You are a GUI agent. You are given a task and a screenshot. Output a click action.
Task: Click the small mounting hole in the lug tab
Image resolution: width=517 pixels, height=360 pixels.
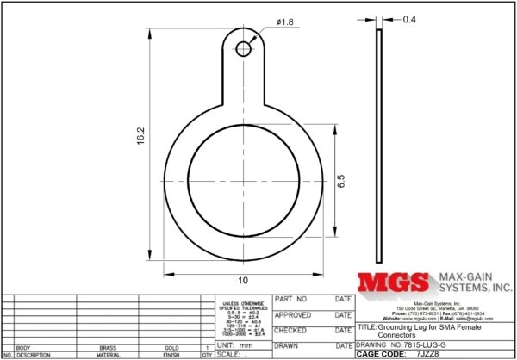244,49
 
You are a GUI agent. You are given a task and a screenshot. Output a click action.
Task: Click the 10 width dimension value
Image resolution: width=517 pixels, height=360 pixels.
244,281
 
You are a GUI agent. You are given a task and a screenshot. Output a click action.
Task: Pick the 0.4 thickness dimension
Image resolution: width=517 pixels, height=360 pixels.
409,18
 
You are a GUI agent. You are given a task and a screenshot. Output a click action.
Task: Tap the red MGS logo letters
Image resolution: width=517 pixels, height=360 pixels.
393,284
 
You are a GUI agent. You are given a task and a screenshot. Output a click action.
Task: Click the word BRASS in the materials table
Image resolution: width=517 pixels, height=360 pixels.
109,348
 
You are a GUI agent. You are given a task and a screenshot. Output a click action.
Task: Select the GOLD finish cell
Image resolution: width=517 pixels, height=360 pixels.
171,348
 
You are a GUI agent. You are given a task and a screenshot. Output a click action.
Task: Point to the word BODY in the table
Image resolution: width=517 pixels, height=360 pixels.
23,348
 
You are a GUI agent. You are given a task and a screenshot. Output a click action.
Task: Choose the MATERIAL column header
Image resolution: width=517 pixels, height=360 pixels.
109,355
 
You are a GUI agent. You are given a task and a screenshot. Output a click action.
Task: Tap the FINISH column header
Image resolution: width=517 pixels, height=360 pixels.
171,355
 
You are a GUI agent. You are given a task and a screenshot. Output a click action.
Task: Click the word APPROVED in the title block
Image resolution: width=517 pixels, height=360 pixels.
291,315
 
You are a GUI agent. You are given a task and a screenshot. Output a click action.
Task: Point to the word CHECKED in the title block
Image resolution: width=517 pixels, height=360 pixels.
290,330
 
